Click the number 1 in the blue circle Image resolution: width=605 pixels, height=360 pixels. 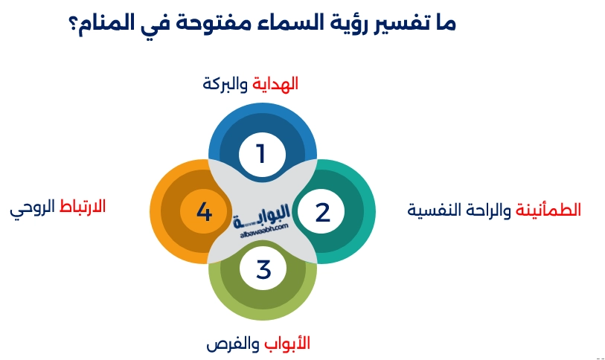click(261, 154)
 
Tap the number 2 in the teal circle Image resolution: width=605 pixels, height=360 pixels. click(322, 212)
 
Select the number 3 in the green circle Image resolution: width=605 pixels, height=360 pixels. click(263, 269)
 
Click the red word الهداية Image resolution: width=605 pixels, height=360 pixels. click(275, 84)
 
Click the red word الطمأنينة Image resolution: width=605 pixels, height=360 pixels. click(548, 210)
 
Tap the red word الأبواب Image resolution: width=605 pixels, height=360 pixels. click(287, 344)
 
